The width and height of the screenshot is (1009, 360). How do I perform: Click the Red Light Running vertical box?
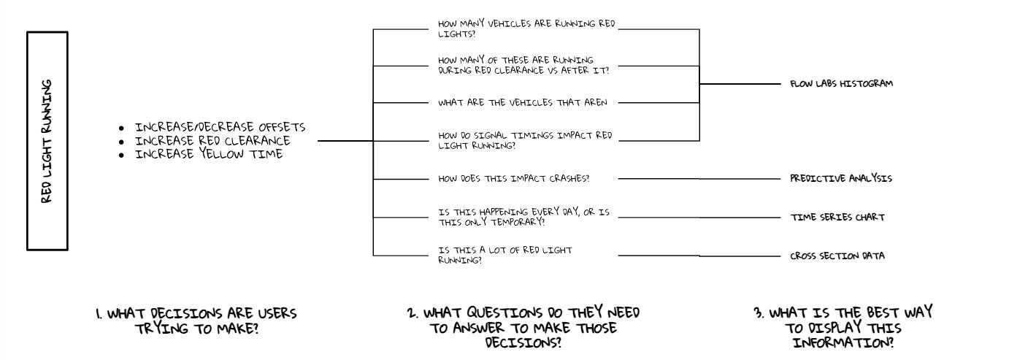[x=47, y=141]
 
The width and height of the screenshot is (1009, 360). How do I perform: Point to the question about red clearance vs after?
[x=523, y=64]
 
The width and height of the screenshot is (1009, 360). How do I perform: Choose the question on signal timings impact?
[x=524, y=139]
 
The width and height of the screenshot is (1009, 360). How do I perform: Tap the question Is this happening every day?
[x=523, y=217]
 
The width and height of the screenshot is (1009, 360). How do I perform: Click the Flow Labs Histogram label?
[x=841, y=84]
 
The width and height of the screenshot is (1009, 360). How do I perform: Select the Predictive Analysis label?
[x=840, y=178]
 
